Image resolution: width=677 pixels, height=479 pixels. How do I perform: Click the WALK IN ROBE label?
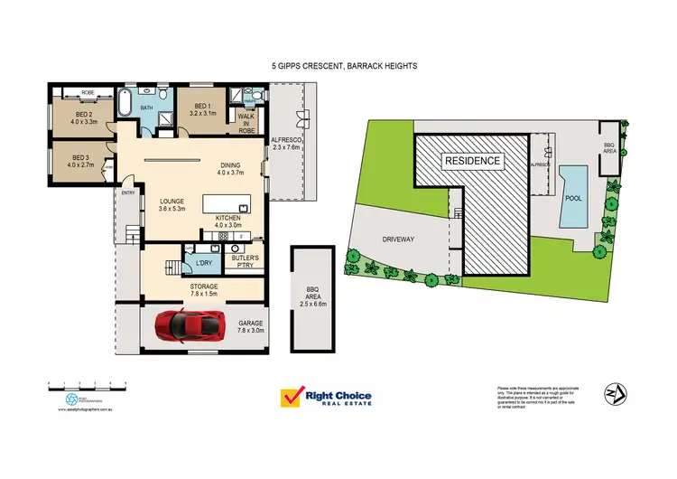[246, 122]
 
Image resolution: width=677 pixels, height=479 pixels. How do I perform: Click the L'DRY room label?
[203, 263]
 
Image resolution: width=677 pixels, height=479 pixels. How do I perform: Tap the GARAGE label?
[249, 326]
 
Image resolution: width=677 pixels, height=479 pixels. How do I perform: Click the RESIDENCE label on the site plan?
[471, 160]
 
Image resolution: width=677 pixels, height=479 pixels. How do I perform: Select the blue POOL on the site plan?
[571, 196]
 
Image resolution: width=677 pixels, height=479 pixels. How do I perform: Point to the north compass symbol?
[616, 394]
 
